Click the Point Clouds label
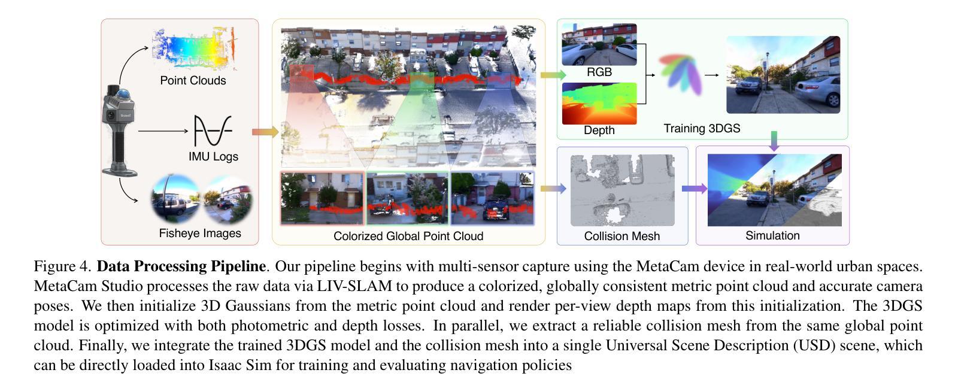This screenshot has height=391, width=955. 193,80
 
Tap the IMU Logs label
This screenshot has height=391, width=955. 213,156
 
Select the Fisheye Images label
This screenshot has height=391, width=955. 200,233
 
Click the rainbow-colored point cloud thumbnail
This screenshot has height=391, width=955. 193,46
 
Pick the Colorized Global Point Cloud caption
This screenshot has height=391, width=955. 408,236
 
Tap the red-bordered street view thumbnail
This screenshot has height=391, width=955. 322,198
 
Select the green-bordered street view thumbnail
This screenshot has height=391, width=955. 407,198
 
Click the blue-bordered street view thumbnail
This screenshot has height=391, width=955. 492,198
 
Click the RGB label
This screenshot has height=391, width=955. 599,72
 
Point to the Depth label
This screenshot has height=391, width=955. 599,130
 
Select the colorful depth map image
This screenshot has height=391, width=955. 599,103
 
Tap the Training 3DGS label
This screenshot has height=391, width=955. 702,128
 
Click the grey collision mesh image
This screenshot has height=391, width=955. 622,190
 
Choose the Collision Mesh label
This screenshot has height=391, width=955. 622,236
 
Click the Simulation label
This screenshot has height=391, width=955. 772,235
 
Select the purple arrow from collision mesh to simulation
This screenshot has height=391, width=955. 695,189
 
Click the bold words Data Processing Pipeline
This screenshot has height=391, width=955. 181,266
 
